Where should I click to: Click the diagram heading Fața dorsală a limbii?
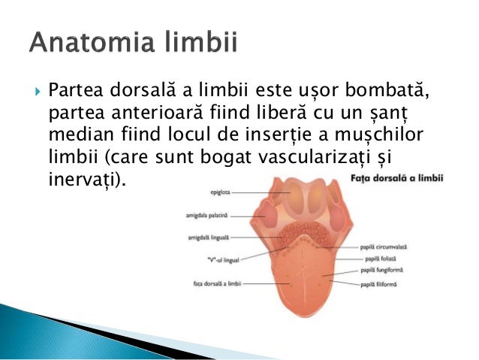point(408,180)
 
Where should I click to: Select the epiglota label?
point(218,193)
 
